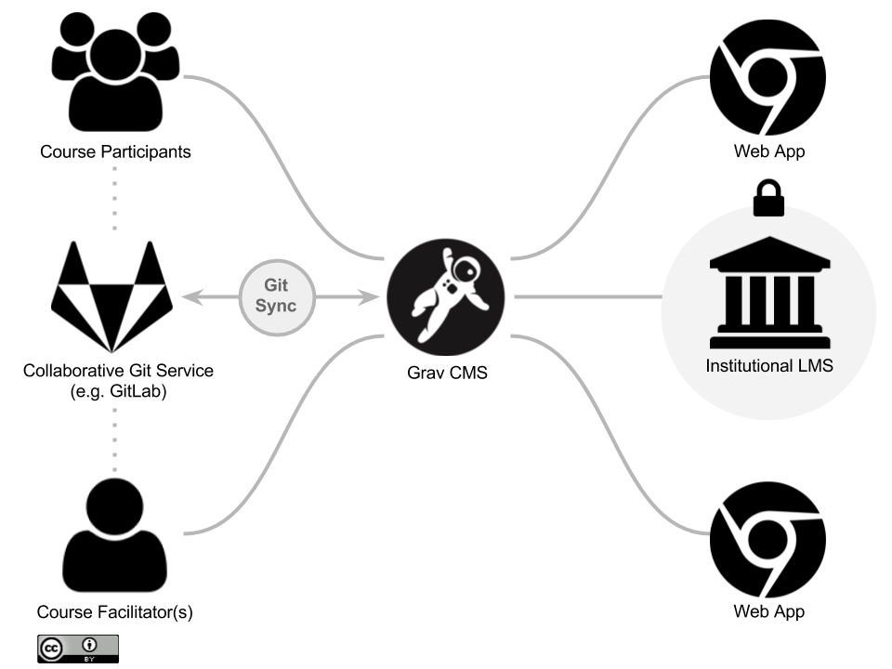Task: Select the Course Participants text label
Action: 115,151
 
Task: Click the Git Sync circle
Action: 278,296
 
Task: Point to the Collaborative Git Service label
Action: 118,371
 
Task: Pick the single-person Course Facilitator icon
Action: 115,535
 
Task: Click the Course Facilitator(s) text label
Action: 115,612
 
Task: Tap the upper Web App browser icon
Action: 768,77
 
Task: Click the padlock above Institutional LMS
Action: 768,199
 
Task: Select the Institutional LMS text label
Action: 769,365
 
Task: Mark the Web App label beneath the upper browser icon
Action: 768,151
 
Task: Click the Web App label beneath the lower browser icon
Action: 768,611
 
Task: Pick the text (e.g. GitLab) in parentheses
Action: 118,390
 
